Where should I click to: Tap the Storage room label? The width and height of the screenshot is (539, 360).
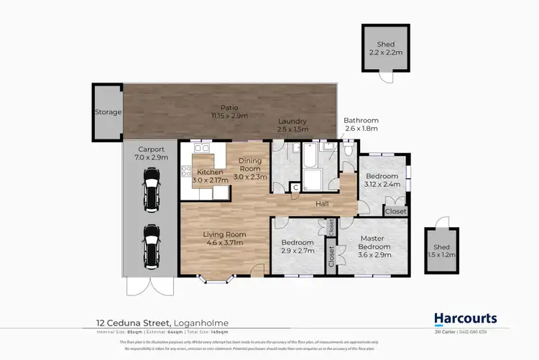[x=109, y=112]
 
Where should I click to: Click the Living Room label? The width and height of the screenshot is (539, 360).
[x=225, y=238]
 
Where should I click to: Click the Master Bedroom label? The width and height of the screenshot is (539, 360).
[x=372, y=244]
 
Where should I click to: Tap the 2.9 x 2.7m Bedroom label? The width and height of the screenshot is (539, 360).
[x=298, y=247]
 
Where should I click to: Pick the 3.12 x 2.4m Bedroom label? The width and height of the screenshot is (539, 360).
[x=382, y=179]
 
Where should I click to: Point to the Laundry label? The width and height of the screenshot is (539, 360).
[x=293, y=125]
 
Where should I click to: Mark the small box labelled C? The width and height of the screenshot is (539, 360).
[x=295, y=188]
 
